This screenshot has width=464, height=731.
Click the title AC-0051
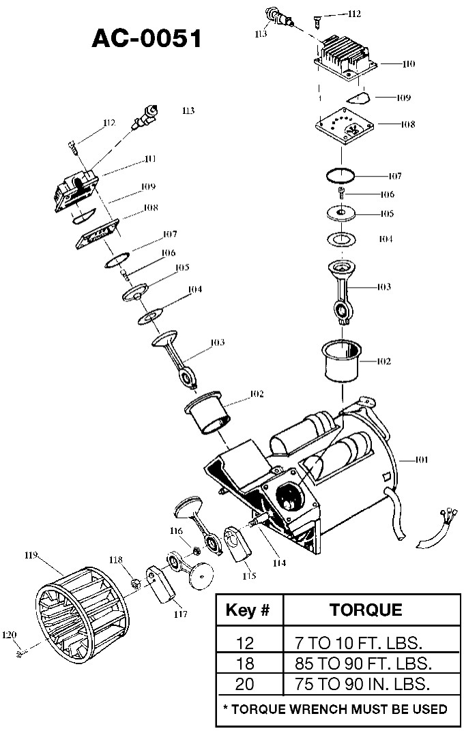147,38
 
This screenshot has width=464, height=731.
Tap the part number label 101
421,460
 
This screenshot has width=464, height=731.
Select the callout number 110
407,64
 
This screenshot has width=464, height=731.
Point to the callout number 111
150,159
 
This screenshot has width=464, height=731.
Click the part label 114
278,563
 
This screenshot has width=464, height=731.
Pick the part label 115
249,576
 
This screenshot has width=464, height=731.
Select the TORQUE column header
366,609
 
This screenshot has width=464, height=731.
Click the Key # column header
249,610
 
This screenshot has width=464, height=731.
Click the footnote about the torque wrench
336,709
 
